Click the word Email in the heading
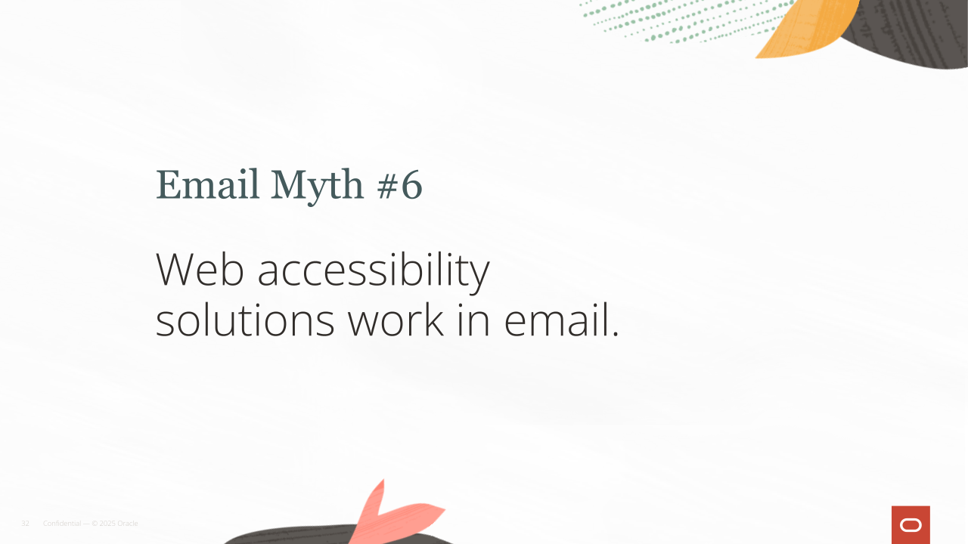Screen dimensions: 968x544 tap(207, 184)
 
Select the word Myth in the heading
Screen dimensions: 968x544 tap(317, 187)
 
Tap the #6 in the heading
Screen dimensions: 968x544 tap(400, 185)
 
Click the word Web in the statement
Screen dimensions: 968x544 tap(200, 270)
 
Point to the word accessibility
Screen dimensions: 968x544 tap(374, 273)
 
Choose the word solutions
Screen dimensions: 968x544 tap(245, 320)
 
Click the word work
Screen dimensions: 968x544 tap(396, 320)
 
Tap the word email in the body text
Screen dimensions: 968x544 tap(557, 320)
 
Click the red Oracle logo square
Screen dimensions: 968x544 tap(911, 524)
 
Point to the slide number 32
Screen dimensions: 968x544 tap(25, 524)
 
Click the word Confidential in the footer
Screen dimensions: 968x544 tap(62, 524)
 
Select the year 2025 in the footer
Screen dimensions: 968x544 tap(107, 524)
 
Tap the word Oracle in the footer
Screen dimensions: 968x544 tap(128, 524)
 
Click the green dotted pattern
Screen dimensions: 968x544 tap(687, 20)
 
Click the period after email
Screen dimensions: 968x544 tap(616, 334)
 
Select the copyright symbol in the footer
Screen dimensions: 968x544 tap(95, 524)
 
